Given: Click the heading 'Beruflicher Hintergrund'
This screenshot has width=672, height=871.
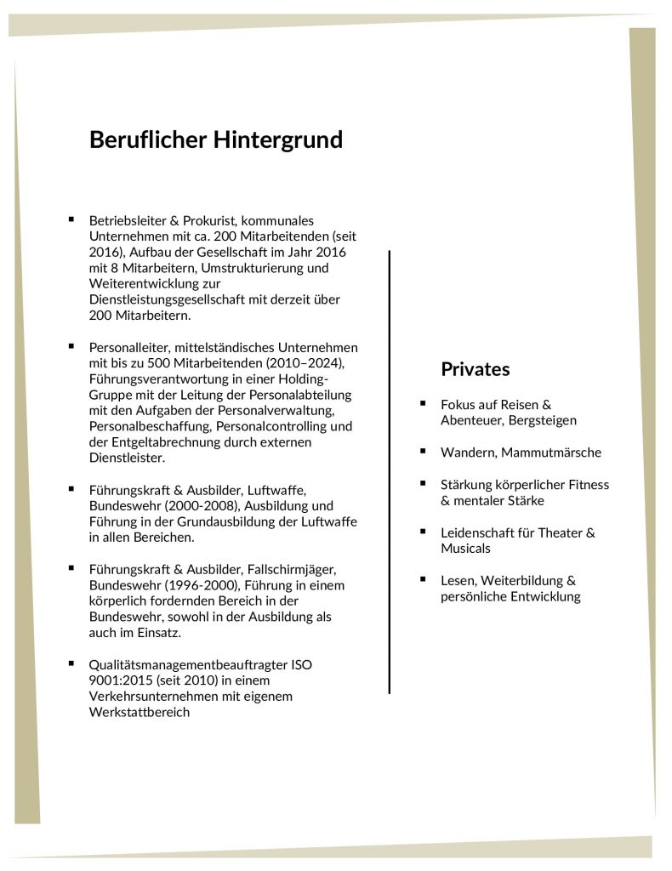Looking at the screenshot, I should pos(216,139).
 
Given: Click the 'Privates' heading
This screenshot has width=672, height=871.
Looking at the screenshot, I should pos(475,369).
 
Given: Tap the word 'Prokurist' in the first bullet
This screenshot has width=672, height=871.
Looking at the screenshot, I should pos(202,219).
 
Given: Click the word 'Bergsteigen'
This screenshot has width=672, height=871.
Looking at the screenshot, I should pos(543,420).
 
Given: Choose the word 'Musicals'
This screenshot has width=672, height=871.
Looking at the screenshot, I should pos(465,549).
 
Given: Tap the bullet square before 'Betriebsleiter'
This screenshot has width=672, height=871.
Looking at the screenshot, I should pos(71,219).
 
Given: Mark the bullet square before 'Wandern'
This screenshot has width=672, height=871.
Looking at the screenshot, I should pos(423,451).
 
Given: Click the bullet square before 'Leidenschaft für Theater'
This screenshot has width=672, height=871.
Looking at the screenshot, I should pos(423,531).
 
